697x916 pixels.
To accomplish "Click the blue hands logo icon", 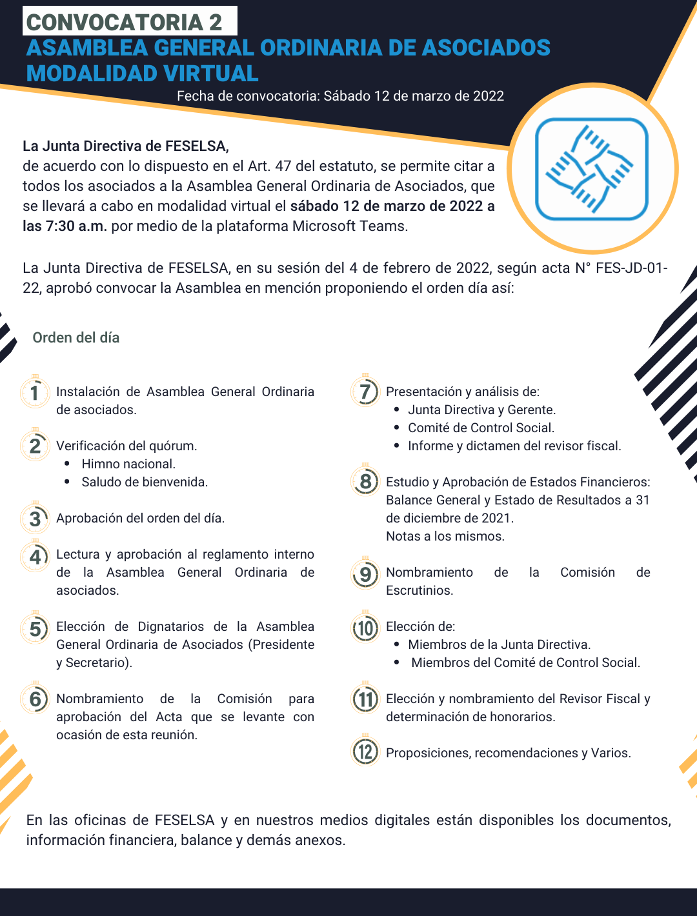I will click(x=591, y=169).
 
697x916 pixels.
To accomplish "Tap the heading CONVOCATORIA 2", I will click(x=124, y=22).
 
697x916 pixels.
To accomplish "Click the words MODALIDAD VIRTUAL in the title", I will click(x=142, y=74).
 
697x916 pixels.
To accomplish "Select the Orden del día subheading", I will click(x=76, y=337).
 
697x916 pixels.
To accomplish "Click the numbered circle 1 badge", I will click(x=35, y=392).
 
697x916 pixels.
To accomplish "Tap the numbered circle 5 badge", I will click(x=35, y=628).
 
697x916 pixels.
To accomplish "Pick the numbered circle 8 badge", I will click(x=365, y=481).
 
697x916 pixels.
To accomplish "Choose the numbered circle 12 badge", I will click(x=365, y=752).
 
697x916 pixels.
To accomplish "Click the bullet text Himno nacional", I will click(x=128, y=464).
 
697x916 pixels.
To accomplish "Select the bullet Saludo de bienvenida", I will click(x=145, y=482).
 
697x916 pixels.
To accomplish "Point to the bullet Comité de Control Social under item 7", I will click(x=481, y=428).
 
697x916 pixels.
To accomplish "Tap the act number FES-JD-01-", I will click(x=631, y=268).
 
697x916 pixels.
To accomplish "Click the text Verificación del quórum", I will click(x=126, y=446).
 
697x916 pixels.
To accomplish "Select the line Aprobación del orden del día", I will click(x=140, y=518).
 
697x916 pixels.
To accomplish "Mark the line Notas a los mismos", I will click(x=445, y=536).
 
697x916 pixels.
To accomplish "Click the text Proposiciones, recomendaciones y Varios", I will click(x=509, y=753).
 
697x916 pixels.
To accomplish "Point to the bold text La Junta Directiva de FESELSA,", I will click(x=126, y=146).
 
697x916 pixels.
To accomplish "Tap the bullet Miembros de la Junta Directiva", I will click(x=499, y=644).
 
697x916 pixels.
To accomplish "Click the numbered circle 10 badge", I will click(x=365, y=628).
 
